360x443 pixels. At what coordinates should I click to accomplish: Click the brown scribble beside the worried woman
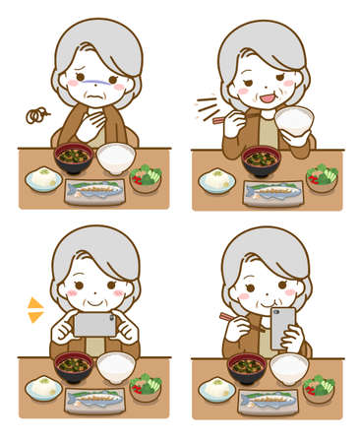coord(37,116)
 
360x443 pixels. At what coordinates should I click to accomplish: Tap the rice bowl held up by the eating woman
coord(294,123)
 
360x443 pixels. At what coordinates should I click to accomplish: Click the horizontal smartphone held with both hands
coord(94,324)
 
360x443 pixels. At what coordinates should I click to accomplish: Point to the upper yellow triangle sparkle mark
coord(34,303)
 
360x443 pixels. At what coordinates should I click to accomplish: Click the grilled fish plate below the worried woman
coord(94,191)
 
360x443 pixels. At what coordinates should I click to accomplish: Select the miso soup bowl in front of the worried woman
coord(74,157)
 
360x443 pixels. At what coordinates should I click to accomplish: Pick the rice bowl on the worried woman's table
coord(117,156)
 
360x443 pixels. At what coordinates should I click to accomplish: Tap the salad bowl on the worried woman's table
coord(147,178)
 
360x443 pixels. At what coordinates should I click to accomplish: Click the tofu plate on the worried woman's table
coord(43,179)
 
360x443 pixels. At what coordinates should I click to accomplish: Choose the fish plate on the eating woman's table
coord(272,193)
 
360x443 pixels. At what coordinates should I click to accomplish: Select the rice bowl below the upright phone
coord(289,367)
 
